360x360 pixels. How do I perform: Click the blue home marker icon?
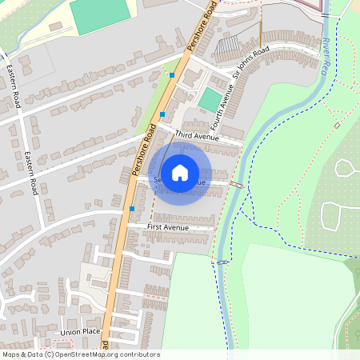coord(180,172)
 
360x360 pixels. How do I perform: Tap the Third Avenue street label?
coord(197,137)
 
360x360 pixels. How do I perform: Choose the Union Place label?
coord(80,331)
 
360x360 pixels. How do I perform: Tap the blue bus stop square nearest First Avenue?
coord(132,208)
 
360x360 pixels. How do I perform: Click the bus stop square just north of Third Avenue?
coord(162,115)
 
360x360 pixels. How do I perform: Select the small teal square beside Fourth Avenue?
coord(210,100)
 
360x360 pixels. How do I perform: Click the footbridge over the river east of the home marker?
coord(238,185)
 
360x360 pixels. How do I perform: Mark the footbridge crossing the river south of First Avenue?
coord(223,262)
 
